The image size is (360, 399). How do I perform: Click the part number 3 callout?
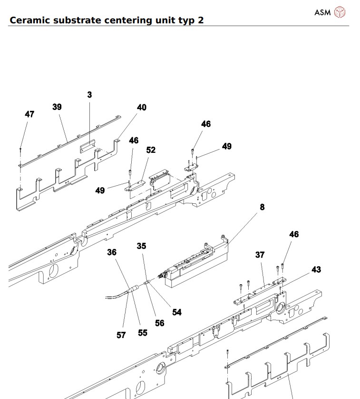pos(89,95)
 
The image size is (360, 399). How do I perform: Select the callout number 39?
pos(57,107)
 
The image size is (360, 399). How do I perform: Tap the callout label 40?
pos(142,108)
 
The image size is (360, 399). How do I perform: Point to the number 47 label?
pos(29,114)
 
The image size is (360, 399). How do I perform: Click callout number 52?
pos(151,150)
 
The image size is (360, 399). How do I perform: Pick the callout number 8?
pos(262,207)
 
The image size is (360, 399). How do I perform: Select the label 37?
pos(260,255)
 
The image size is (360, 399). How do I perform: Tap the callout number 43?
pos(316,269)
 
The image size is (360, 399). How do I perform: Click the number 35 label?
pos(141,246)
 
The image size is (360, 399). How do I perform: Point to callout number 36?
pos(112,252)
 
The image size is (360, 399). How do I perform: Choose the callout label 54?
pos(177,312)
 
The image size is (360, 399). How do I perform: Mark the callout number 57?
pos(121,335)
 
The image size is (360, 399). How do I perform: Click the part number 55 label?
pos(143,333)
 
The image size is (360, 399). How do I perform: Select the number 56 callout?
pos(160,323)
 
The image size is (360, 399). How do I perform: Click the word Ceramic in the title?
pos(31,20)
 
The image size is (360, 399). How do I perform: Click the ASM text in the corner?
pos(322,12)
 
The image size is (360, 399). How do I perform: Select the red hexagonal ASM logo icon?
pos(340,12)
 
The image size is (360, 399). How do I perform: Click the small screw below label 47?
pos(21,150)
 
